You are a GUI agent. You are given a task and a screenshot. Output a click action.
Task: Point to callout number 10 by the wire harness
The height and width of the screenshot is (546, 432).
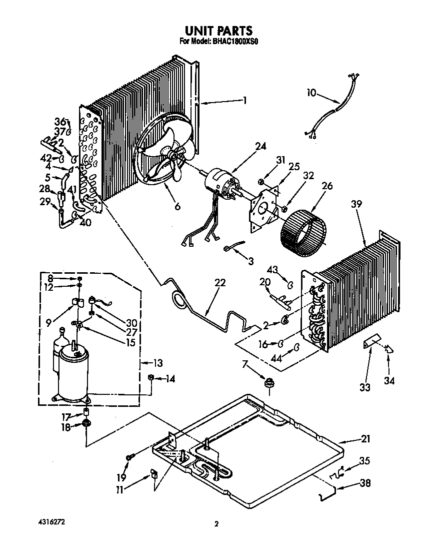click(311, 93)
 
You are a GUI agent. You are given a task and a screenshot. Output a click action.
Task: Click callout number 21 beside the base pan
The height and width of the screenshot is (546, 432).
click(365, 439)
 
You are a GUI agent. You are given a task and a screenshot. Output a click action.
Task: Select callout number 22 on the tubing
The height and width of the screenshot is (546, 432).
click(219, 283)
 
